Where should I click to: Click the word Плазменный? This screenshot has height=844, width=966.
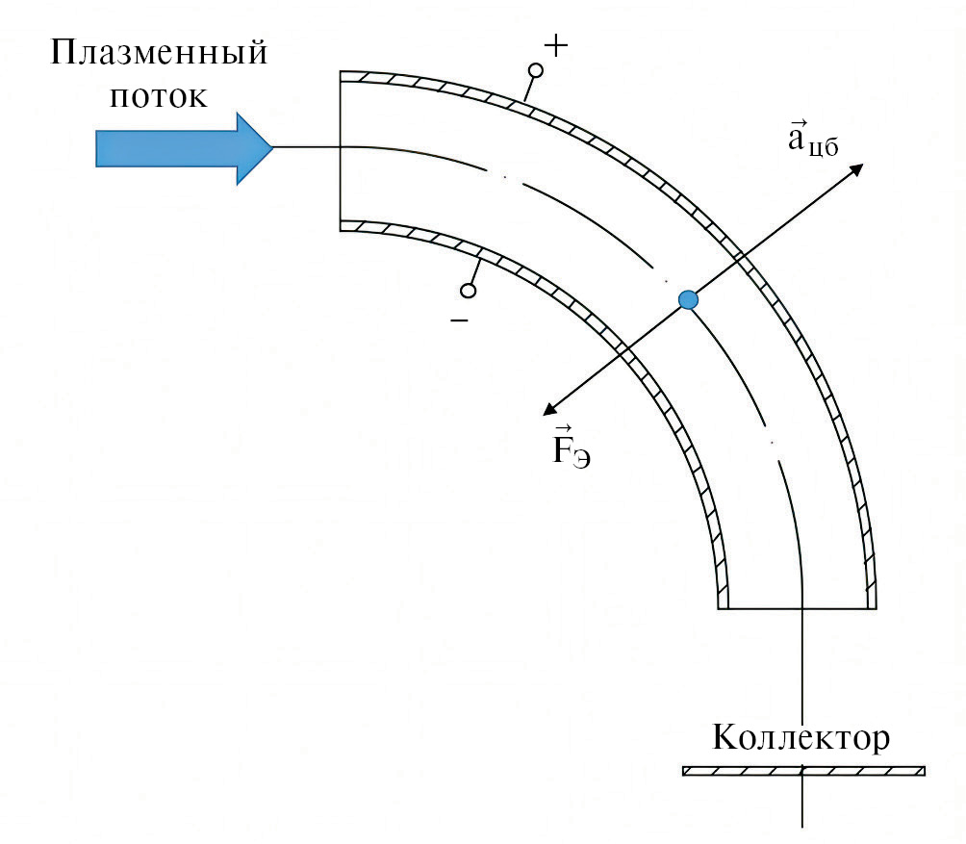coord(159,52)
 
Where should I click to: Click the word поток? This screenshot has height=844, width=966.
coord(159,97)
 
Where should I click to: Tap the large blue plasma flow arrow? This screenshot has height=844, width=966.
coord(184,148)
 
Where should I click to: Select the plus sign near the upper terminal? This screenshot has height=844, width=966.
coord(556,45)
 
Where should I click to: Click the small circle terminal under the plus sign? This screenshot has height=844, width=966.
coord(536,70)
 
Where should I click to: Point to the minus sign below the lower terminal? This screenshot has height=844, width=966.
coord(460,320)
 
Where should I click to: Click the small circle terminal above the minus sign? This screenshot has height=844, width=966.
coord(469,291)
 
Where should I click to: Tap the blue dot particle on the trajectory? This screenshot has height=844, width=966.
coord(688,300)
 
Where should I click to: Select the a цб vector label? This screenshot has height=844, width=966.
coord(813,139)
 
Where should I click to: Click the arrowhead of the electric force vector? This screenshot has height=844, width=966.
coord(549,409)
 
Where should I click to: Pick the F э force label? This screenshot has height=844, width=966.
coord(572,447)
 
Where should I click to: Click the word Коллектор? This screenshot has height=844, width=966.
coord(801,737)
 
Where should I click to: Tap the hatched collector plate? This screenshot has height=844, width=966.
coord(804,771)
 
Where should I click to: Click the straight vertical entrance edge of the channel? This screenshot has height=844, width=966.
coord(340,151)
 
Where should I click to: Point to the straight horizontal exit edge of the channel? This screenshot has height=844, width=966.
coord(797,608)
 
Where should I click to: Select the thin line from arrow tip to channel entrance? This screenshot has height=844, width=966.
coord(306,147)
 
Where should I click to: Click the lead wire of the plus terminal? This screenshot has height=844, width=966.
coord(528,89)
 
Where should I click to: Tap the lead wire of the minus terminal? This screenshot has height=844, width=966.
coord(475,271)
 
